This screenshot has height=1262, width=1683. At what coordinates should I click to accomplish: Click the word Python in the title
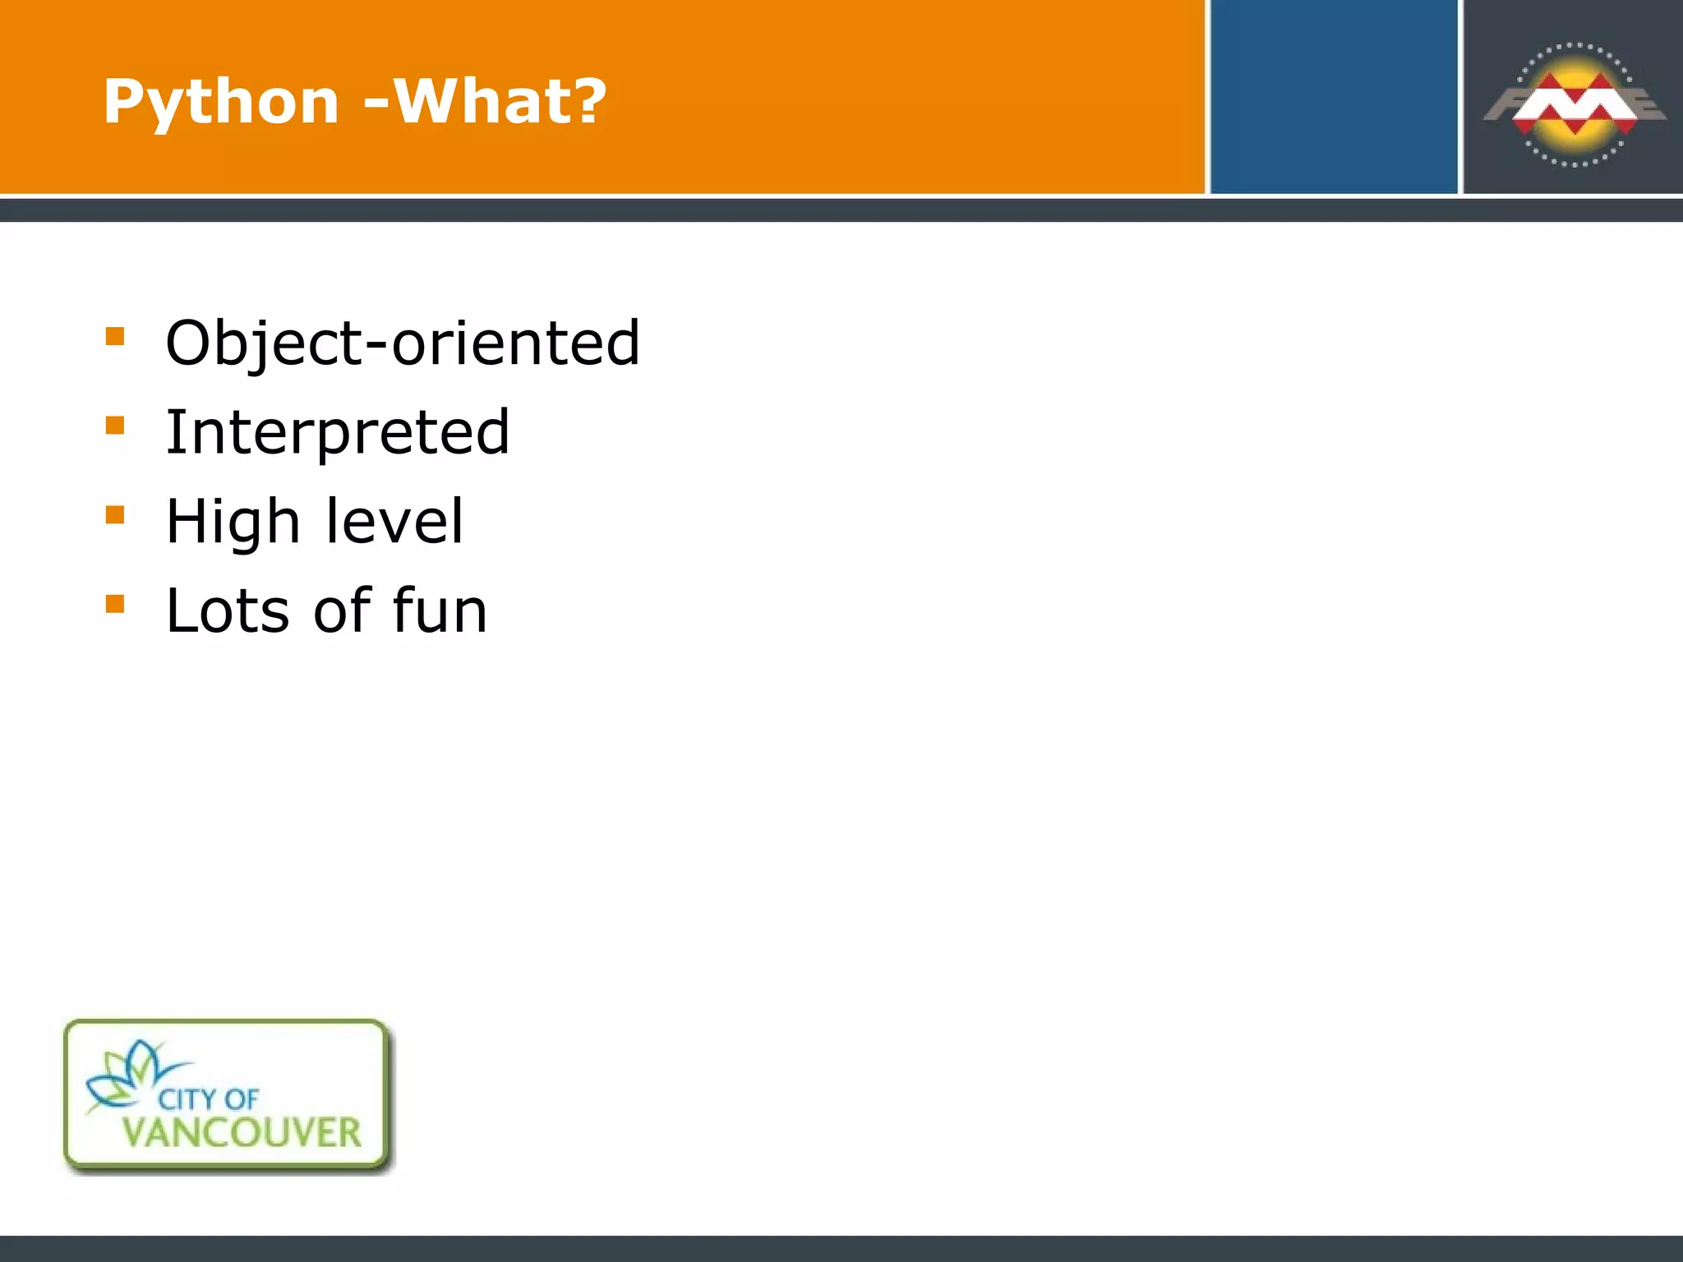click(x=220, y=103)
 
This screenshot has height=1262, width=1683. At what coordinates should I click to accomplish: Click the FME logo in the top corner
click(x=1574, y=104)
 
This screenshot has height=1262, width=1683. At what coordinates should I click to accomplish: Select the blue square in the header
click(x=1333, y=97)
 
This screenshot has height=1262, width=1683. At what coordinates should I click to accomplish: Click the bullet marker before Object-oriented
click(x=115, y=336)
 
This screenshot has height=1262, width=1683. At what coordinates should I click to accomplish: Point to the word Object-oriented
click(x=403, y=343)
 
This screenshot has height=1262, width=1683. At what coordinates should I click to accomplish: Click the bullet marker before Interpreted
click(x=115, y=426)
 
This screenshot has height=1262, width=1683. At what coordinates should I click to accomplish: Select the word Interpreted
click(x=338, y=432)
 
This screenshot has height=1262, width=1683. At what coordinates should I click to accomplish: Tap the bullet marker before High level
click(x=115, y=515)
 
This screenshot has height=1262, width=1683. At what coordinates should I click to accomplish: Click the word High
click(x=233, y=523)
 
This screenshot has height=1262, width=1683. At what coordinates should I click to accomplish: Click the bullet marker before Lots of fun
click(x=115, y=605)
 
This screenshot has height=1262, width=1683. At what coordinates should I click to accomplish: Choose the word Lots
click(x=228, y=610)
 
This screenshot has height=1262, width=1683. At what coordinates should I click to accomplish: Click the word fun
click(x=440, y=610)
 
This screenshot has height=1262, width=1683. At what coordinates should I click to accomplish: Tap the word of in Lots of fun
click(x=341, y=610)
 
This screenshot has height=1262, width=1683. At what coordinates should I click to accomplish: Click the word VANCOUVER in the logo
click(x=242, y=1133)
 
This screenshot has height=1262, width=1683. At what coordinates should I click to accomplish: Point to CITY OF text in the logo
click(x=209, y=1099)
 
